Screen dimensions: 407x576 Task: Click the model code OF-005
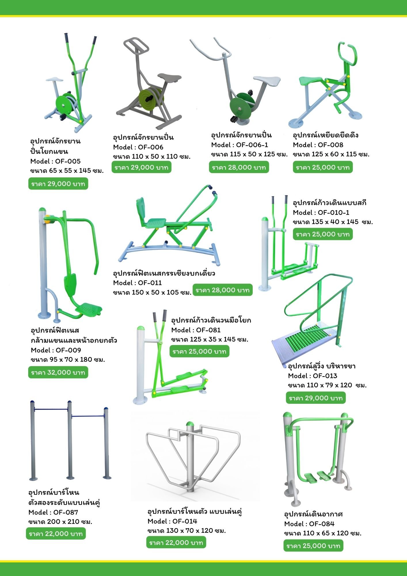(68, 161)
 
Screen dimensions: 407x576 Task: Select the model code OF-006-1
(252, 145)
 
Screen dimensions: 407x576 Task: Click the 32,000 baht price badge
(58, 372)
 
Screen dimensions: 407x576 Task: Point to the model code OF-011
(150, 283)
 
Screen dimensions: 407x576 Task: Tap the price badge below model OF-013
(316, 398)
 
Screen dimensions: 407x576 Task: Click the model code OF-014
(185, 521)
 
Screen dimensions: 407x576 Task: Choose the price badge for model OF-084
(313, 546)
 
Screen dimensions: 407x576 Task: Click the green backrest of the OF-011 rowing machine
(141, 211)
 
